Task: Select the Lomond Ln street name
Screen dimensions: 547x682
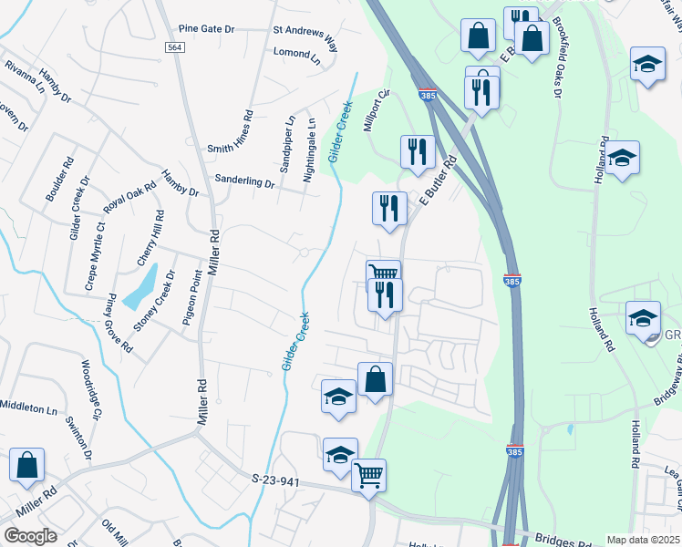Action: pos(298,53)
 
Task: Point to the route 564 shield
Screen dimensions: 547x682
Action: pos(175,47)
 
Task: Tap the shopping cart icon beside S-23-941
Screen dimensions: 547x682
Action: pos(368,473)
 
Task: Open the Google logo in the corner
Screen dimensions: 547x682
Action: pos(30,535)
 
